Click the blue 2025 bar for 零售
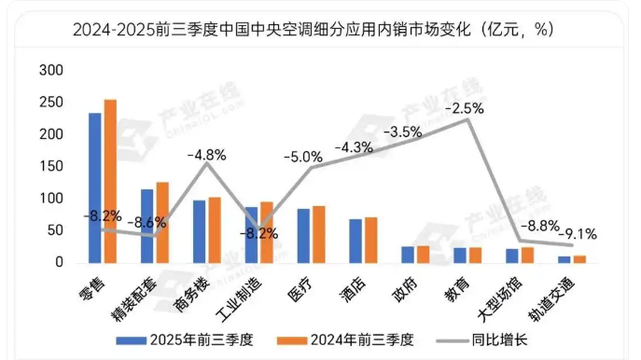[x=95, y=187]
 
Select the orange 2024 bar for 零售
[x=110, y=181]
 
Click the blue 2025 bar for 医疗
[x=304, y=235]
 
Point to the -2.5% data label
[x=464, y=109]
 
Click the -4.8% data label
[x=206, y=155]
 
